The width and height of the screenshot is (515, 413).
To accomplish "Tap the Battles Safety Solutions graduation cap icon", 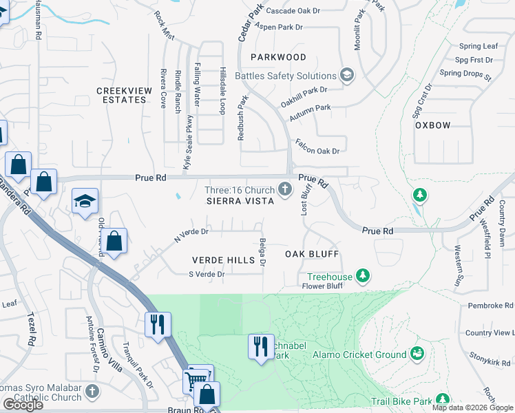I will tap(347, 75).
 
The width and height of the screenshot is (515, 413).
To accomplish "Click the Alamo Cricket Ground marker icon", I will tap(416, 354).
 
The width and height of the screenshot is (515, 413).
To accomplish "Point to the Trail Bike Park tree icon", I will tap(441, 400).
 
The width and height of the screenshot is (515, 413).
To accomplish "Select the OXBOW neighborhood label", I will tap(432, 125).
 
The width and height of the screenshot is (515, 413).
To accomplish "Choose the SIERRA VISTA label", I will tap(240, 200).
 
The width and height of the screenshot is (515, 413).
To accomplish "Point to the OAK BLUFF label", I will tap(312, 254).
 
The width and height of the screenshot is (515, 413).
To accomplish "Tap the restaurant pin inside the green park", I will tap(260, 346).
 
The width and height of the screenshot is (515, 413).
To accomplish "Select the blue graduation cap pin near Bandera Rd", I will tap(85, 201).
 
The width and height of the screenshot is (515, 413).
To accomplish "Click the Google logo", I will tap(23, 404).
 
